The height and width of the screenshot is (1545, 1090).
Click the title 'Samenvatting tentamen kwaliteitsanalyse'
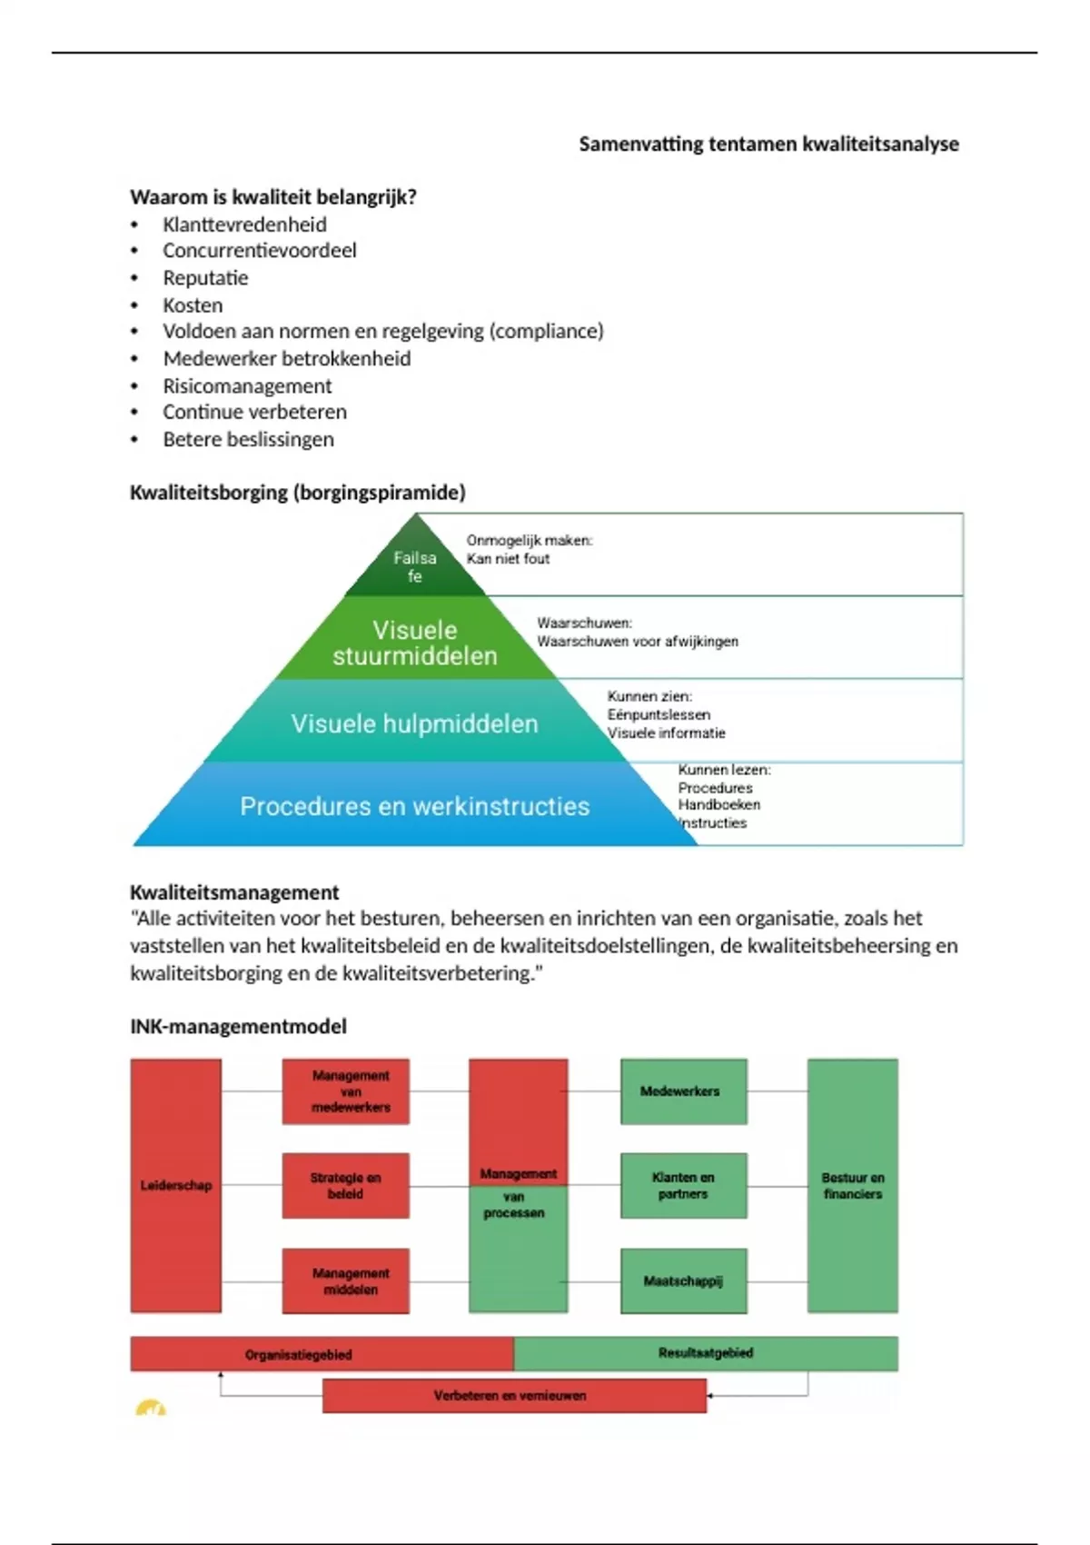click(768, 144)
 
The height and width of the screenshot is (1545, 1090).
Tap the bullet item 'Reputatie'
click(205, 278)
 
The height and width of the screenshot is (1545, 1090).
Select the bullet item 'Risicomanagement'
click(247, 386)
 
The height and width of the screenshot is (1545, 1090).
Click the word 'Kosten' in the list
click(193, 305)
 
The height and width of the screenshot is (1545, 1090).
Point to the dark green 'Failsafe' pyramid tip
click(415, 565)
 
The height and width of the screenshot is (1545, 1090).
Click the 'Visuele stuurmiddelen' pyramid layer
click(415, 643)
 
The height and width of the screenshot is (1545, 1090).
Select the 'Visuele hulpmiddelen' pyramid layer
click(414, 723)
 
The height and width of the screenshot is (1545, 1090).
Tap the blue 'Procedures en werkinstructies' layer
click(414, 806)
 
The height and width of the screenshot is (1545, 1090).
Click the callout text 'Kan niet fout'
click(508, 559)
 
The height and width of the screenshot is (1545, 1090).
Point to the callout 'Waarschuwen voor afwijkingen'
click(638, 642)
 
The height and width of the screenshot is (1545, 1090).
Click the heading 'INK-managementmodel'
click(238, 1026)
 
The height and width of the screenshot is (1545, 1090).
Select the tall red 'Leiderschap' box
click(176, 1185)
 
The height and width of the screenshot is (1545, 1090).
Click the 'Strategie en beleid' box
click(345, 1185)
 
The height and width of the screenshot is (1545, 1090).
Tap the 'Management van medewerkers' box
click(346, 1091)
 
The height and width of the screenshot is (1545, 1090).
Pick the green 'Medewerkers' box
click(683, 1091)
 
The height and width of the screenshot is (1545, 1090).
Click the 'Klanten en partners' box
click(683, 1185)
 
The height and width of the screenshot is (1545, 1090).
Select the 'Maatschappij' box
click(683, 1281)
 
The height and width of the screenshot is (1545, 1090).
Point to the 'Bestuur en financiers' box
click(852, 1185)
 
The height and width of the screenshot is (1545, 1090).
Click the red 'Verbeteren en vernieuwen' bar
click(514, 1396)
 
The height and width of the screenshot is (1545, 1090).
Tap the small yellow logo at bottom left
click(151, 1410)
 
